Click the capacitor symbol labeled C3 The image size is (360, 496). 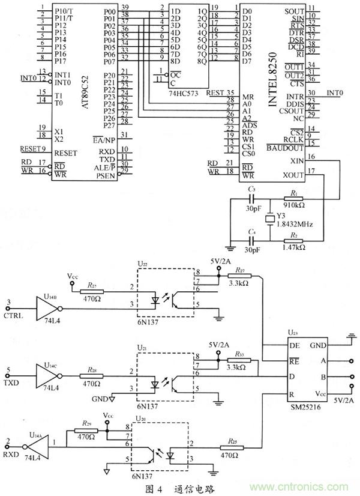tap(251, 198)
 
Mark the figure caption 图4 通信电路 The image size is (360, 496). tap(181, 487)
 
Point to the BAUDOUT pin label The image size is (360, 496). tap(285, 148)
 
